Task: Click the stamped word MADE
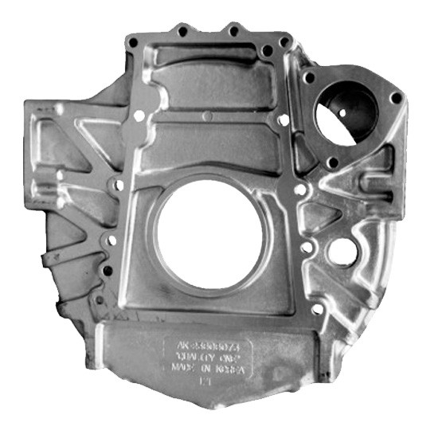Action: point(180,370)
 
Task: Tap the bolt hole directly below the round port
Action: point(334,162)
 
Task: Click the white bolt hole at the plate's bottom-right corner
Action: point(317,310)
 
